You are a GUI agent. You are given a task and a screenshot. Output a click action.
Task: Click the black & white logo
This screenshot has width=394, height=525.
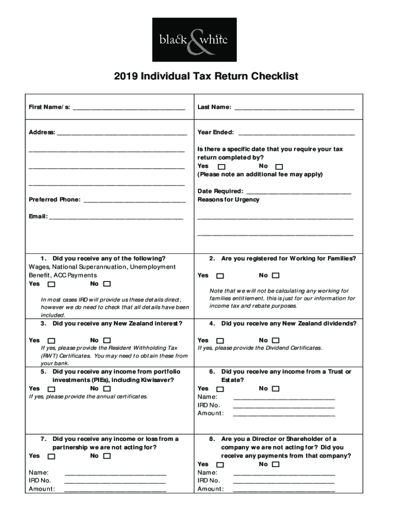point(194,39)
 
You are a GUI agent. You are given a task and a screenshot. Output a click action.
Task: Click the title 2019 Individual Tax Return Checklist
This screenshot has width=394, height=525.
point(206,77)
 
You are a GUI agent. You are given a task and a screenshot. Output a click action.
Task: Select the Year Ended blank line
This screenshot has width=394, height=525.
point(296,133)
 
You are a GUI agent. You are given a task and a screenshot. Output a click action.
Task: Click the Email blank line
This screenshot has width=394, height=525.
point(116,218)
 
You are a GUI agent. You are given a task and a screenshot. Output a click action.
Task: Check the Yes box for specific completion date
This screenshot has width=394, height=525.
point(221,167)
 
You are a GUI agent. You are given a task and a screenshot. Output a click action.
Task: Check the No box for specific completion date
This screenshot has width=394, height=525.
point(279,167)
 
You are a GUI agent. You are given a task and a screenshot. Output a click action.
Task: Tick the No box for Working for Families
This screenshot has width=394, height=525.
point(276,276)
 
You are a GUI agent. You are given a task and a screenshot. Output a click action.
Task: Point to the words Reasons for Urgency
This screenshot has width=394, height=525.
point(228,200)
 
